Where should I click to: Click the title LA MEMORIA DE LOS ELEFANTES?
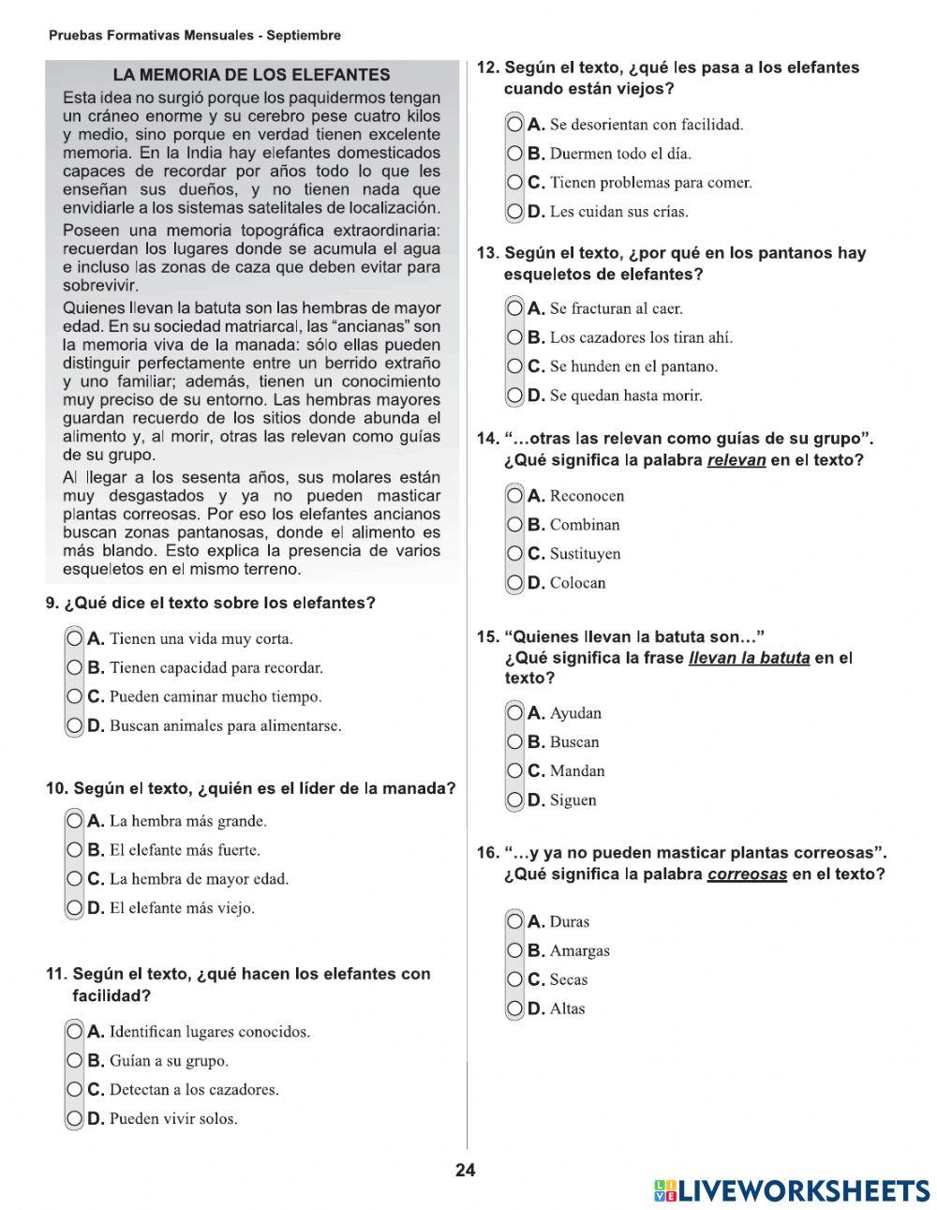(251, 75)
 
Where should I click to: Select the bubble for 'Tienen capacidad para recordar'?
(75, 668)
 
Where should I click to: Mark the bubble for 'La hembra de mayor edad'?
(75, 879)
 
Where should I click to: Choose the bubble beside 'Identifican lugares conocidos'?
(75, 1032)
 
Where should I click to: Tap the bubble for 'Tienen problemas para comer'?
(515, 183)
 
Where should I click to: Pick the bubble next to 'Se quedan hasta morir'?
(515, 396)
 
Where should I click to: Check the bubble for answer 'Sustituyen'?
(515, 554)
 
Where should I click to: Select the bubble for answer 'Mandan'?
(515, 771)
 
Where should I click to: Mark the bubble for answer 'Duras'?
(515, 922)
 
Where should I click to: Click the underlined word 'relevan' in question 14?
(736, 460)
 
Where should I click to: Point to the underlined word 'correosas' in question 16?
(747, 874)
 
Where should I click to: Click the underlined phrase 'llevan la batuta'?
(749, 658)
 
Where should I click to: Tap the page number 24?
(466, 1170)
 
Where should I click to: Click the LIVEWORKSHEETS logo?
(792, 1190)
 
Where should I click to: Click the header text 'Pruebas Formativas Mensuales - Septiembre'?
(195, 36)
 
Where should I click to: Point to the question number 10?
(56, 789)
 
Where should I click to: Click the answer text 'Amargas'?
(579, 951)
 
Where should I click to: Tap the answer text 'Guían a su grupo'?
(169, 1061)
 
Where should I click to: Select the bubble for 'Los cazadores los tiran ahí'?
(515, 337)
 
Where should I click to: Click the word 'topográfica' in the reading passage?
(265, 231)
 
